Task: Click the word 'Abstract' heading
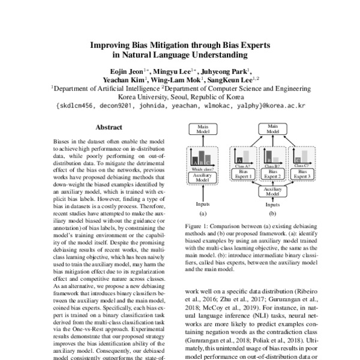pos(109,127)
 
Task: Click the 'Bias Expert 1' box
pos(242,174)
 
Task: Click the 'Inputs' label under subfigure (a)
pos(202,204)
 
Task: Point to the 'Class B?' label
pos(271,165)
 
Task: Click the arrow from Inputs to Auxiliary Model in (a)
pos(202,193)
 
